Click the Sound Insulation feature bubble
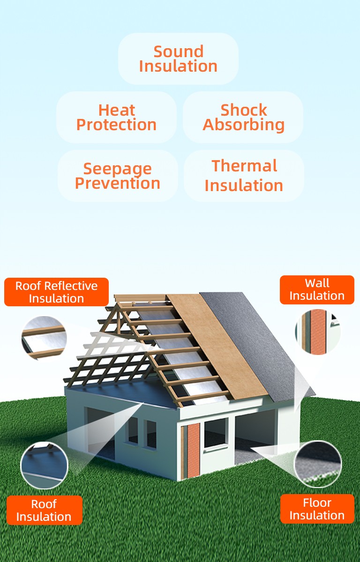click(178, 59)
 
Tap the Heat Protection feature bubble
click(116, 117)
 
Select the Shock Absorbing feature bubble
click(243, 117)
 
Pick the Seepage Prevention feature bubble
click(118, 176)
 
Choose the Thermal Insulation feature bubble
click(244, 176)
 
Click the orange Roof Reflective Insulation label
click(56, 292)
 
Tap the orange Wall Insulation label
click(317, 289)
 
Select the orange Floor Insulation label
click(317, 509)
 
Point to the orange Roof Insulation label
click(44, 510)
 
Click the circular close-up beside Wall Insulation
click(318, 332)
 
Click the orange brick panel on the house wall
click(193, 450)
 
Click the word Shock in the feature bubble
click(244, 110)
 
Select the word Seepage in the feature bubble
click(118, 169)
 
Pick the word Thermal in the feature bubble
click(244, 166)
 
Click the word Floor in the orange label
click(317, 503)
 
